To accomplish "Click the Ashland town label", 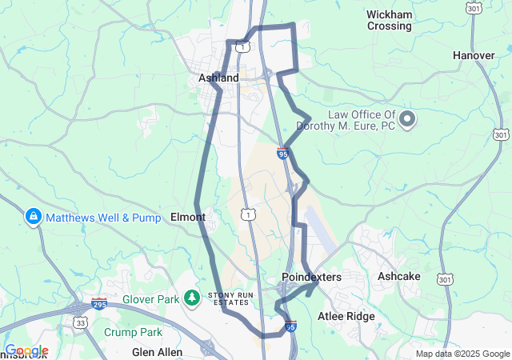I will click(218, 78).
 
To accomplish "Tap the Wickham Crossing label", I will click(389, 20).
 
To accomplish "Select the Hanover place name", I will click(474, 55).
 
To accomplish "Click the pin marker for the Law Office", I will click(407, 120).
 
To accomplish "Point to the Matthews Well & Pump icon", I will click(34, 216).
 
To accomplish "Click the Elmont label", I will click(189, 217).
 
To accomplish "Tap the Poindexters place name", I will click(311, 277).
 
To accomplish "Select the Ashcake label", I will click(399, 276).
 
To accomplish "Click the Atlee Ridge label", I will click(346, 316).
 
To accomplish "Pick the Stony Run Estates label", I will click(230, 298).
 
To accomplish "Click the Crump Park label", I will click(133, 332).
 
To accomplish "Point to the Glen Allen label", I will click(157, 352).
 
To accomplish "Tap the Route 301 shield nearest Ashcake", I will click(445, 279).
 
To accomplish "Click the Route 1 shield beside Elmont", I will click(250, 215).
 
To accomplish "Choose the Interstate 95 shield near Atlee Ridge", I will click(291, 326).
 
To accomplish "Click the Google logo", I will click(26, 351).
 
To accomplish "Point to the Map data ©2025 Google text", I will click(462, 354).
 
